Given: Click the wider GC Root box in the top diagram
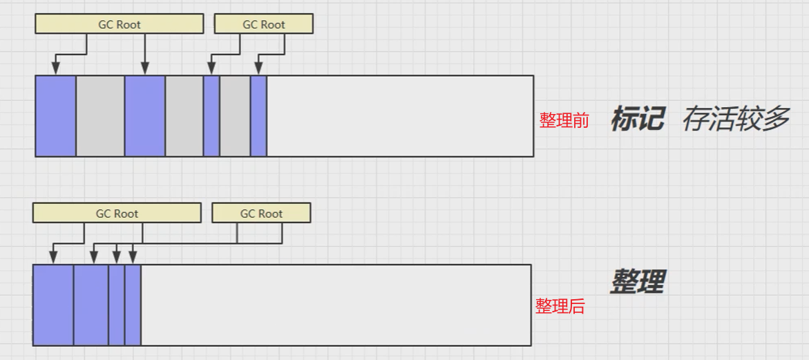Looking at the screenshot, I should pyautogui.click(x=119, y=24).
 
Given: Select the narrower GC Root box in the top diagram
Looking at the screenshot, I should pyautogui.click(x=263, y=24).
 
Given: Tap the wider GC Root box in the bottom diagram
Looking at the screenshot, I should pyautogui.click(x=117, y=214).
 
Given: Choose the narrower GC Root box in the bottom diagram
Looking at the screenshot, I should pyautogui.click(x=261, y=214).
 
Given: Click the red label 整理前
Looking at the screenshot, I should pyautogui.click(x=564, y=120).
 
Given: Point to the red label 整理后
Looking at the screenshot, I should pyautogui.click(x=560, y=307).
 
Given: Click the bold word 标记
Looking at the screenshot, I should pyautogui.click(x=637, y=120).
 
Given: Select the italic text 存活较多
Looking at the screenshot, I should pyautogui.click(x=735, y=120).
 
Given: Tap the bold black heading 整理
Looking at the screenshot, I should pyautogui.click(x=637, y=282).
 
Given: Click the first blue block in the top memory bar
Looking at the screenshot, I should pyautogui.click(x=56, y=116).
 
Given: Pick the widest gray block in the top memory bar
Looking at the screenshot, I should pyautogui.click(x=100, y=116).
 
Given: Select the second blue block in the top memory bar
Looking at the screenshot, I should pyautogui.click(x=145, y=116).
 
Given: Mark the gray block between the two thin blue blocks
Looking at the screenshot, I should pyautogui.click(x=235, y=116).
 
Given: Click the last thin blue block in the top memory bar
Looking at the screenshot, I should pyautogui.click(x=258, y=116).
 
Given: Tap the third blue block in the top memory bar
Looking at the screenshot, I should pyautogui.click(x=211, y=116).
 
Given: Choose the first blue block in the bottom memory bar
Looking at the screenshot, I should pyautogui.click(x=53, y=305).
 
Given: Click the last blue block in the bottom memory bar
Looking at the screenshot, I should pyautogui.click(x=133, y=305).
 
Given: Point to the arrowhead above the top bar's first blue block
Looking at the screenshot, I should pyautogui.click(x=56, y=68).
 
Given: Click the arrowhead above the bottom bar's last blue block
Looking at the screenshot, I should pyautogui.click(x=133, y=258).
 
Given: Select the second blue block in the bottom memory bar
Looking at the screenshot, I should pyautogui.click(x=91, y=305).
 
